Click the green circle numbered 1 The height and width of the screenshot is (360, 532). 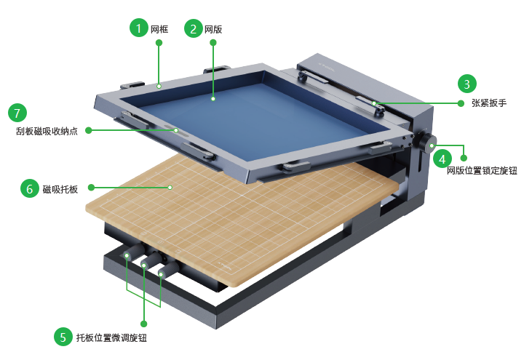coord(138,28)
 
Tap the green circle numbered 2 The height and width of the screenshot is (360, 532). coord(194,28)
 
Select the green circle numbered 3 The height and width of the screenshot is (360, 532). coord(467,84)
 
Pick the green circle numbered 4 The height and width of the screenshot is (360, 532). coord(442,159)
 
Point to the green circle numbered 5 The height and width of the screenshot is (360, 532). coord(63,337)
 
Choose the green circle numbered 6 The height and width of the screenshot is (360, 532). coord(30,188)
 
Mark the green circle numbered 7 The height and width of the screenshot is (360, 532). coord(17,113)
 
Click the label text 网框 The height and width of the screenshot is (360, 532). coord(159,29)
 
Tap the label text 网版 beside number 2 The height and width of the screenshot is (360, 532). coord(213,30)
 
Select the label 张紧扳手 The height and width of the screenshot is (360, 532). coord(489,103)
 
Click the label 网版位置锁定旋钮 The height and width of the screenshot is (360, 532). coord(482,170)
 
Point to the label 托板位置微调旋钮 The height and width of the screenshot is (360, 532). coord(111,337)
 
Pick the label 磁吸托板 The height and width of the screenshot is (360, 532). coord(60,189)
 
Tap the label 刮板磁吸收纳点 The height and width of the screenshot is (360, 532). coord(47,131)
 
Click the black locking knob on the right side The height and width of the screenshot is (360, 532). coord(427,143)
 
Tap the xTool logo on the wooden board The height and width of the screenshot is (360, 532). coord(225,265)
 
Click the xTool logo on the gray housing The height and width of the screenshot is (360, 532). coord(326,67)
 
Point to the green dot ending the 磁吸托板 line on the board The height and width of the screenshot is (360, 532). coord(170,187)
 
